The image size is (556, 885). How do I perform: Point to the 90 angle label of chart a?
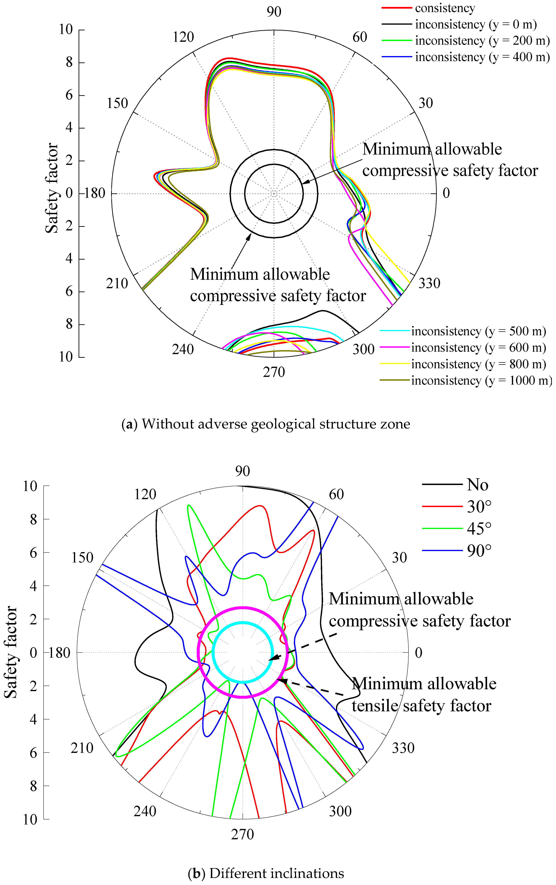274,12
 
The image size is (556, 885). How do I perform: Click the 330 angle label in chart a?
429,283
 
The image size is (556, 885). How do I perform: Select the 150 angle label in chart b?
82,557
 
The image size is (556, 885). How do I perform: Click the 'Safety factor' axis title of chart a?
52,188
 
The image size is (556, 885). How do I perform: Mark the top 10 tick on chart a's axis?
66,29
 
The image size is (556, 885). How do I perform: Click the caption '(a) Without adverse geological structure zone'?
266,424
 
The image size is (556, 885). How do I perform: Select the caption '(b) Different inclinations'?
266,873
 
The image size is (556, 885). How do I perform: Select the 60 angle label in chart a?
360,37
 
